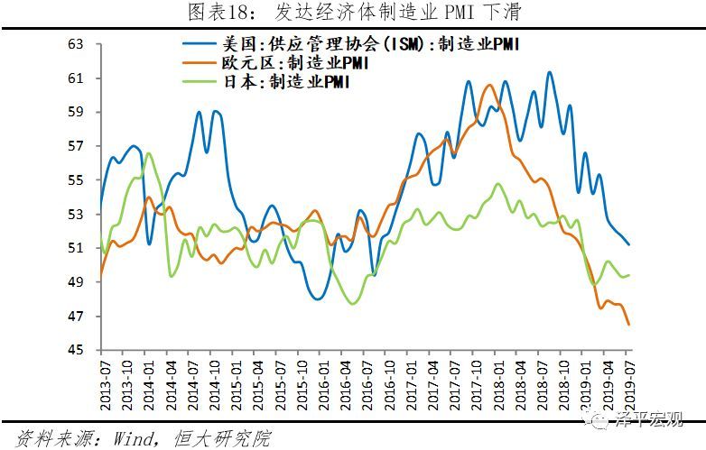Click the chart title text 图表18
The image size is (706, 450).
point(213,12)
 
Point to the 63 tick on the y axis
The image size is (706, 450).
point(76,44)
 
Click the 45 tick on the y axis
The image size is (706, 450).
point(76,350)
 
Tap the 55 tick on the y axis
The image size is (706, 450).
point(76,180)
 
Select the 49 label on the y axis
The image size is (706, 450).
point(76,282)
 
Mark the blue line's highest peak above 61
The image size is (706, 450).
point(549,72)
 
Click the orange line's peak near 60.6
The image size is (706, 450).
point(488,85)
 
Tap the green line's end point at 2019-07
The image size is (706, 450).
point(629,275)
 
